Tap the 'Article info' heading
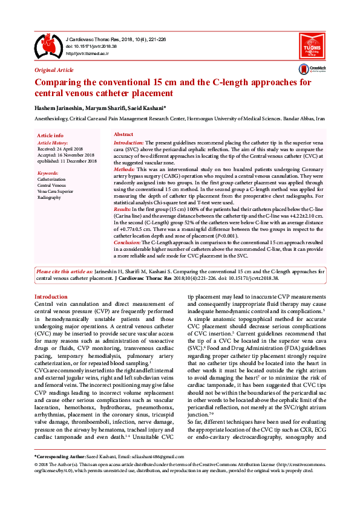(x=50, y=135)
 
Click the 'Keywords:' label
(x=48, y=173)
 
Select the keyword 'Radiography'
(x=50, y=197)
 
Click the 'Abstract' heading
(x=124, y=134)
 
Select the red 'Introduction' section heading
(x=51, y=297)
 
